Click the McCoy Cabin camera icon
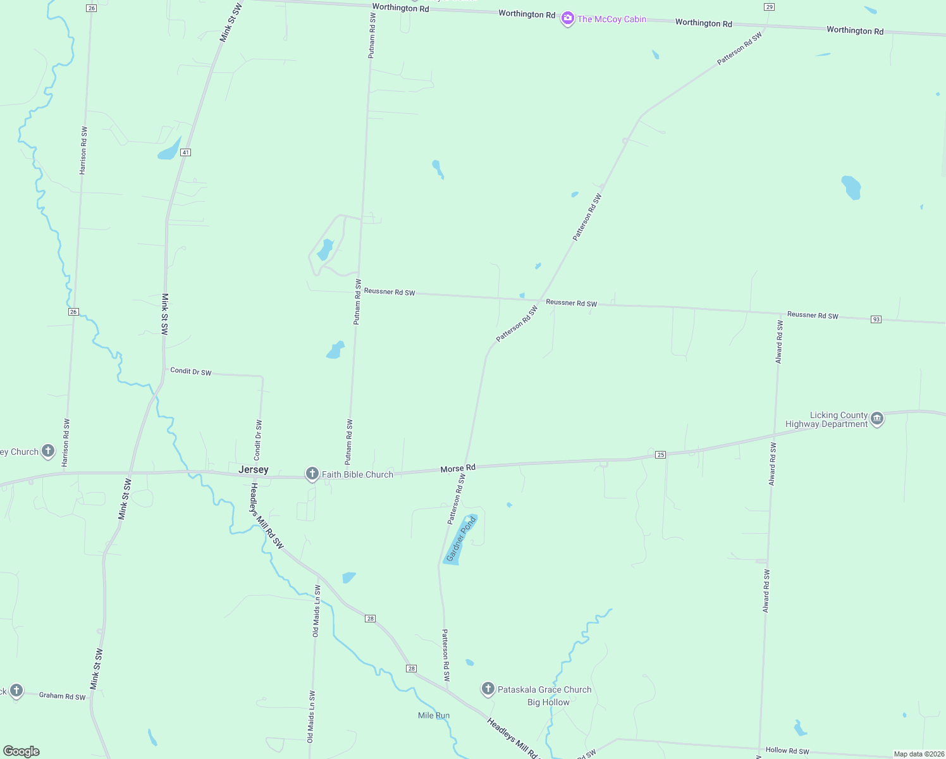click(x=568, y=19)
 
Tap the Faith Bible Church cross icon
click(x=312, y=474)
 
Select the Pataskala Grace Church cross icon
click(x=488, y=689)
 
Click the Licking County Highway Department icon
click(x=877, y=418)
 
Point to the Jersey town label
click(x=254, y=470)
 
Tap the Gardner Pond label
click(x=461, y=540)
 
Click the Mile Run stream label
click(x=434, y=715)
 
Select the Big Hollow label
click(x=548, y=702)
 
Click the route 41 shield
click(x=185, y=152)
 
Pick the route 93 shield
click(x=876, y=319)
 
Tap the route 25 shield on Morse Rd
click(x=661, y=455)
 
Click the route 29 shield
click(x=769, y=7)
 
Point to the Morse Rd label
click(x=458, y=469)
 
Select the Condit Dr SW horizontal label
click(x=191, y=371)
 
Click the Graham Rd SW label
click(x=62, y=696)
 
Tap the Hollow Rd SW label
click(x=787, y=751)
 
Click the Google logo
click(x=21, y=751)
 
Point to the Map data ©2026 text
click(x=919, y=754)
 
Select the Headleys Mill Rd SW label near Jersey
click(x=267, y=516)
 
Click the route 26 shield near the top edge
click(x=92, y=8)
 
